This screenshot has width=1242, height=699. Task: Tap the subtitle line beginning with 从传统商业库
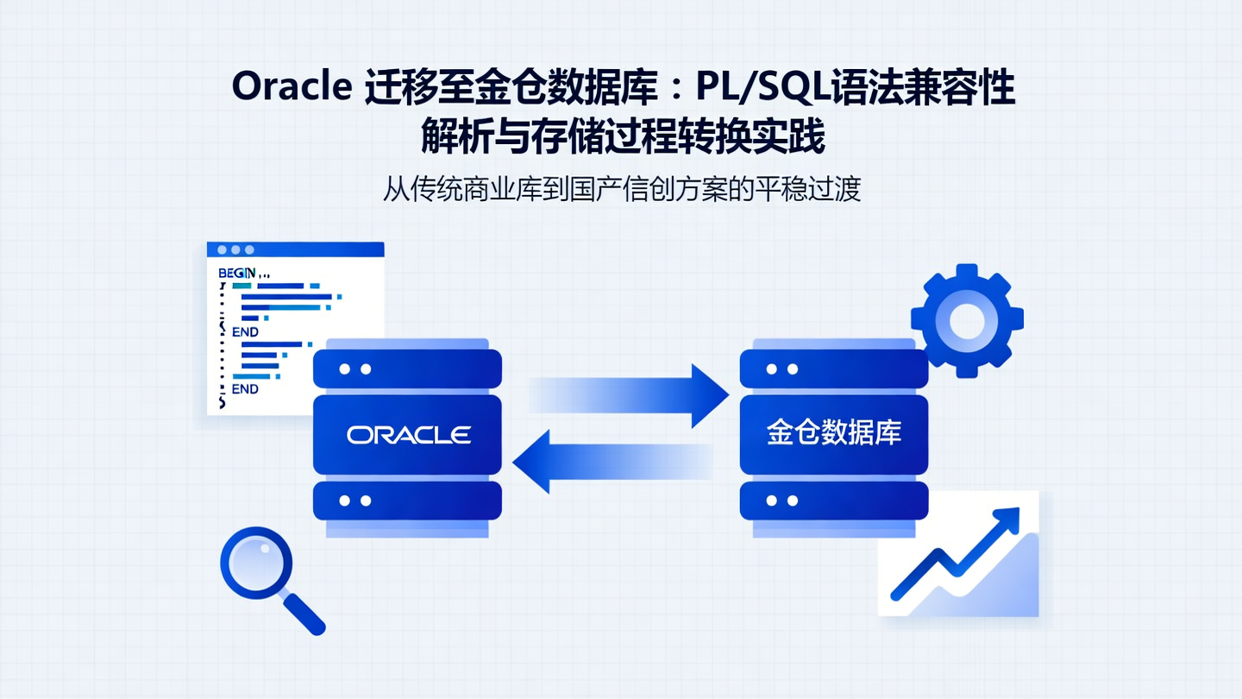pos(621,188)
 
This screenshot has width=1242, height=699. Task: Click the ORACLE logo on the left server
pos(408,434)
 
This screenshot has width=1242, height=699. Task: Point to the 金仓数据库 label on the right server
pos(833,433)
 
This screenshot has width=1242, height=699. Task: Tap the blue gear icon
pos(967,320)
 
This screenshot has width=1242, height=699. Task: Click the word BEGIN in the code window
pos(237,273)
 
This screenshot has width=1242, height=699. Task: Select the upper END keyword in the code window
pos(245,331)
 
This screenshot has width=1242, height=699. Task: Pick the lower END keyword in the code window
pos(245,389)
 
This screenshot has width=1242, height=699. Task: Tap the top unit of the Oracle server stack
pos(407,368)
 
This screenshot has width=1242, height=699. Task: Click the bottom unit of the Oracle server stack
pos(407,501)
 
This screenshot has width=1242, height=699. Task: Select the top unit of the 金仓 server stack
pos(833,368)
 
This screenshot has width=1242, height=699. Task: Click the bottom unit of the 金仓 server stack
pos(833,501)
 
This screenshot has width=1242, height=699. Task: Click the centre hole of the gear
pos(967,321)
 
